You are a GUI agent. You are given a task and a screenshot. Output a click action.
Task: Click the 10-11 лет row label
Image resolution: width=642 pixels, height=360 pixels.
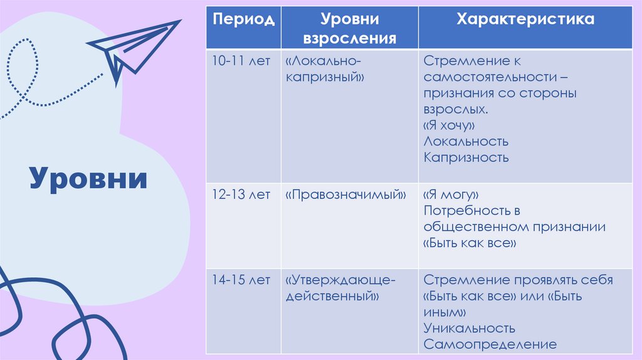pyautogui.click(x=241, y=61)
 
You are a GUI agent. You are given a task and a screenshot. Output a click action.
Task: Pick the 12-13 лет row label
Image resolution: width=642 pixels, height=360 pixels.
pyautogui.click(x=241, y=194)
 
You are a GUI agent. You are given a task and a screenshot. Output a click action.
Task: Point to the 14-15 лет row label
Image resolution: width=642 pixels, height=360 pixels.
pyautogui.click(x=241, y=279)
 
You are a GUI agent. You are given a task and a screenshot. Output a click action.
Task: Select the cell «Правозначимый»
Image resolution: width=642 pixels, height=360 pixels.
pyautogui.click(x=345, y=194)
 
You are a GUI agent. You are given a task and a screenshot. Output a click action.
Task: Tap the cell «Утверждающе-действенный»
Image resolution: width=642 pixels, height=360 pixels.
pyautogui.click(x=340, y=287)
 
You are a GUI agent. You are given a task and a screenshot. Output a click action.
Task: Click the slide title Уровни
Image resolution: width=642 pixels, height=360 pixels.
pyautogui.click(x=88, y=178)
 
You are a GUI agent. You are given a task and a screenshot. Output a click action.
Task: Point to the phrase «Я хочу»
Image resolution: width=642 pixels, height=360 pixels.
pyautogui.click(x=448, y=125)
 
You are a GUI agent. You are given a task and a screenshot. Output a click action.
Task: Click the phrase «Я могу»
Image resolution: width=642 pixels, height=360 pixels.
pyautogui.click(x=451, y=194)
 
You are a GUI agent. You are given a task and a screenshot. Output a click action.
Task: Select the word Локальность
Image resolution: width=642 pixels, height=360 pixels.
pyautogui.click(x=466, y=141)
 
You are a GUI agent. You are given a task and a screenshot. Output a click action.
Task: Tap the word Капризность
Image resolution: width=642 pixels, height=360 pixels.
pyautogui.click(x=466, y=157)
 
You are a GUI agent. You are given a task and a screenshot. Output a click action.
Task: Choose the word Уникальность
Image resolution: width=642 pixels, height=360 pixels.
pyautogui.click(x=469, y=328)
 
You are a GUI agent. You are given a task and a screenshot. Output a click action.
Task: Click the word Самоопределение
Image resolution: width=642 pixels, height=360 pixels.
pyautogui.click(x=490, y=344)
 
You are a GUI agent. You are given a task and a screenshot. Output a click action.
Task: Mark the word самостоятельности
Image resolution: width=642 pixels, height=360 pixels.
pyautogui.click(x=487, y=77)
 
